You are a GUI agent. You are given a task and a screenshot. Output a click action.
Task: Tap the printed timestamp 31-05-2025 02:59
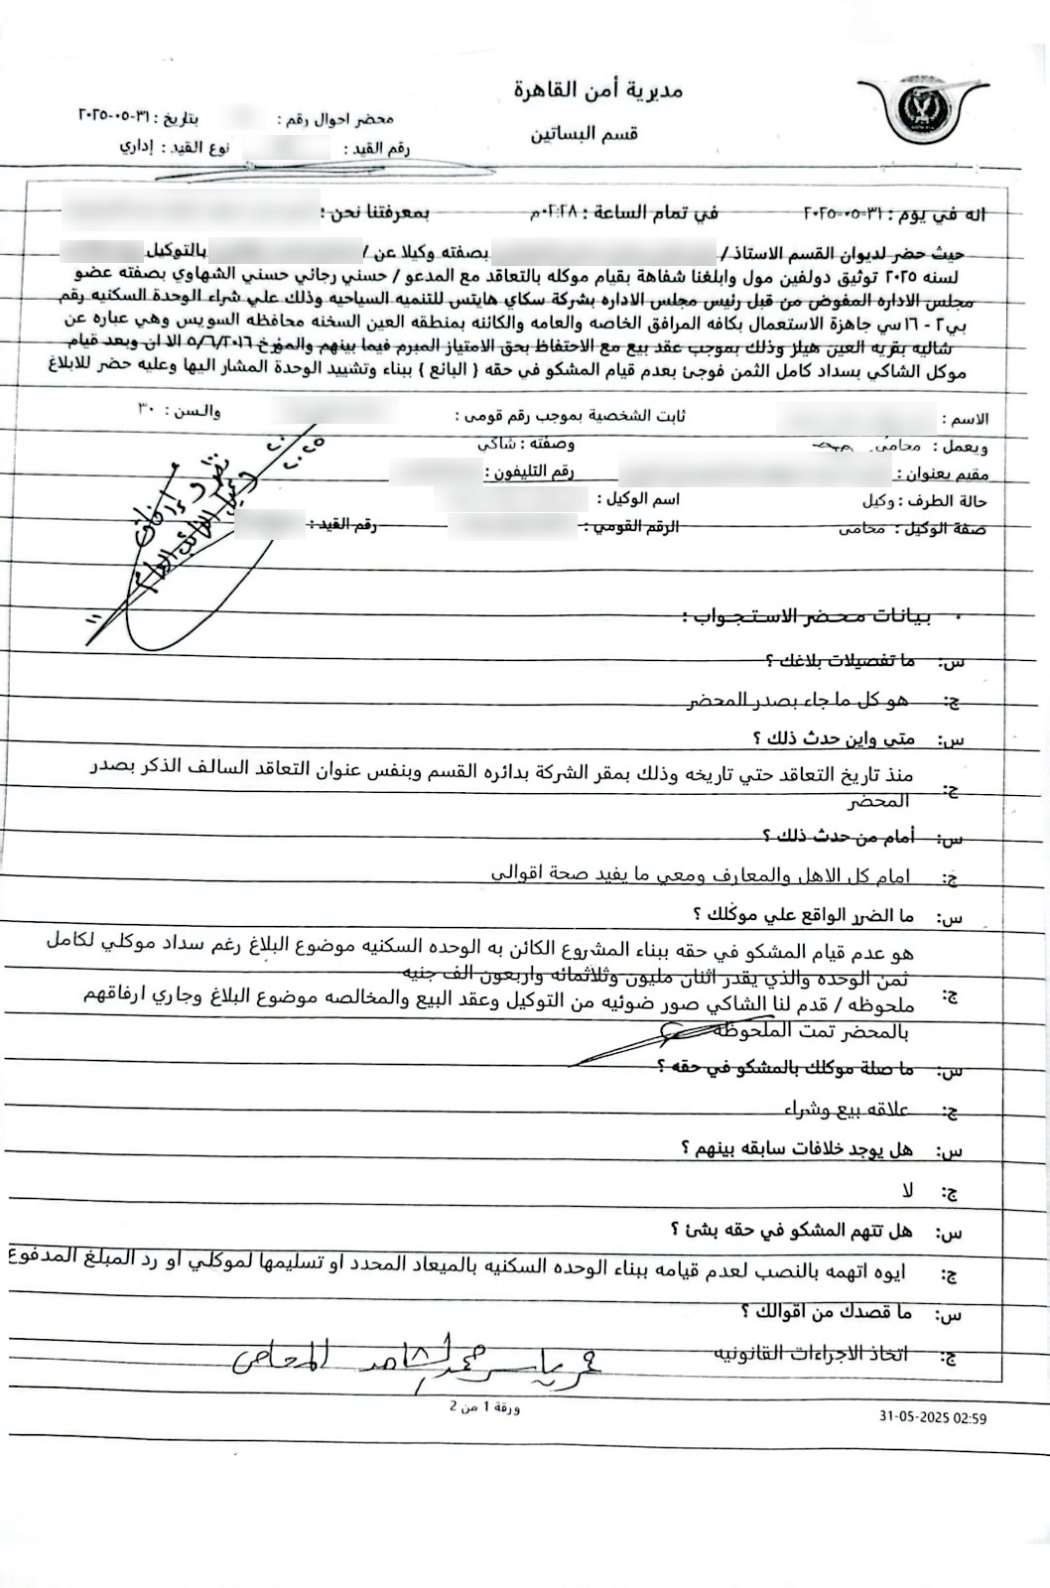click(933, 1418)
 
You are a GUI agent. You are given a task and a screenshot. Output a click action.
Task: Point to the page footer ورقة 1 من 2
click(484, 1406)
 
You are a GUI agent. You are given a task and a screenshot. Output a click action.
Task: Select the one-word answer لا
click(907, 1189)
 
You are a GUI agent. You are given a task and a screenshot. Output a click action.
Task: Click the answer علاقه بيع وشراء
click(846, 1109)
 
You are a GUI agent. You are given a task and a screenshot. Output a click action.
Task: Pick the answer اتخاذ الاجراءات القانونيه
click(811, 1353)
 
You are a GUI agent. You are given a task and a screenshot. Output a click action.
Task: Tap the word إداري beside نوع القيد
click(137, 147)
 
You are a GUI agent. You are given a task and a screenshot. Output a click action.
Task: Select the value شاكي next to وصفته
click(496, 444)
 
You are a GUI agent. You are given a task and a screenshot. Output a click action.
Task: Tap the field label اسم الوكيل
click(637, 498)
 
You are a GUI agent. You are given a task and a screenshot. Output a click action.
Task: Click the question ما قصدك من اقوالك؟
click(826, 1313)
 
